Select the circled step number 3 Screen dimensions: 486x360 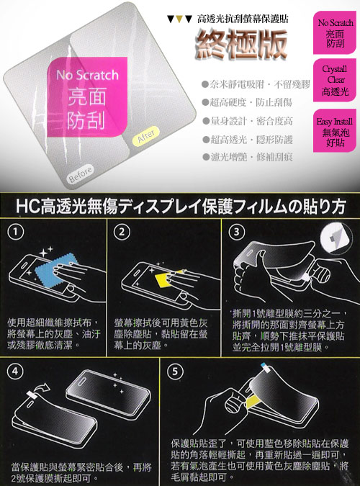click(x=235, y=232)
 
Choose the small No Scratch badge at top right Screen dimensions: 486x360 click(x=335, y=30)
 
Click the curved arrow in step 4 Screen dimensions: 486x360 click(x=40, y=391)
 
